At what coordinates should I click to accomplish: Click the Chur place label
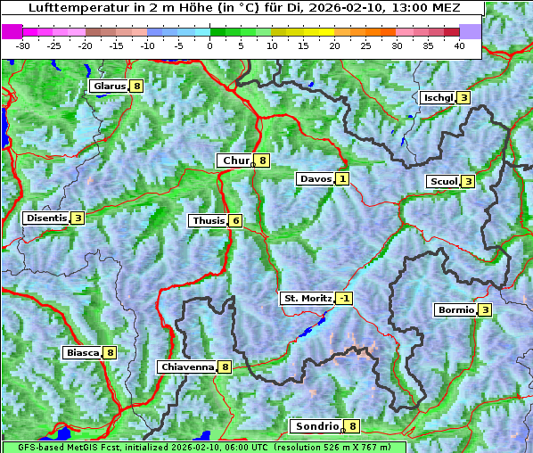(x=236, y=161)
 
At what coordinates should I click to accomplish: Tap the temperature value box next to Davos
(x=342, y=179)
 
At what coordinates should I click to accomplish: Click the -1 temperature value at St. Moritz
(x=344, y=298)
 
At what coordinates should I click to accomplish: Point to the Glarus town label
(x=109, y=86)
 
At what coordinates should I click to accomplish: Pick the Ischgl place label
(x=438, y=97)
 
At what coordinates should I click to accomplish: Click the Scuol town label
(x=443, y=181)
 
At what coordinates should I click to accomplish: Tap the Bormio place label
(x=455, y=310)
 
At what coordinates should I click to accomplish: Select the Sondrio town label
(x=316, y=426)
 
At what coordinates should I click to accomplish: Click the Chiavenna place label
(x=187, y=367)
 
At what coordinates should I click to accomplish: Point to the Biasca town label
(x=82, y=352)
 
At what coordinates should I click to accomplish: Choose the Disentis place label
(x=46, y=218)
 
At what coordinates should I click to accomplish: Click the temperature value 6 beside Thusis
(x=235, y=220)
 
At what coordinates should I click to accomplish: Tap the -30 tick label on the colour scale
(x=23, y=45)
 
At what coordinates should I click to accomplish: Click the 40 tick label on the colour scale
(x=459, y=45)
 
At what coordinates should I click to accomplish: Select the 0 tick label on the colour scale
(x=209, y=45)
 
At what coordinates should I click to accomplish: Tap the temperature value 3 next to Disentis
(x=78, y=218)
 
